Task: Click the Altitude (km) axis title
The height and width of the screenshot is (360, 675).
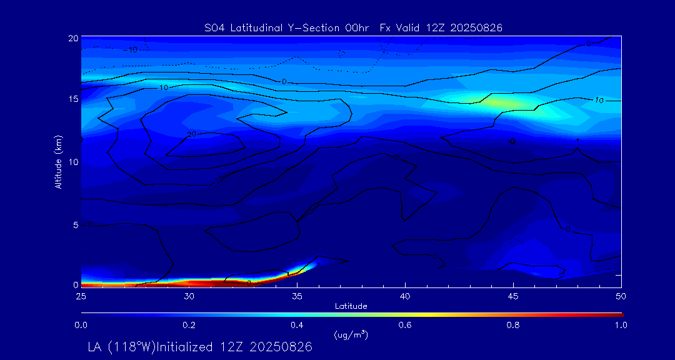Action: [59, 161]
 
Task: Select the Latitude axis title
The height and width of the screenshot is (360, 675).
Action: [351, 306]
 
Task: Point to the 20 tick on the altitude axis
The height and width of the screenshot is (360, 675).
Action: [73, 38]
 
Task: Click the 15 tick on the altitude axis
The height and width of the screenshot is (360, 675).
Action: [73, 99]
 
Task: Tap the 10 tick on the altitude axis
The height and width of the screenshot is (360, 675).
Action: [73, 162]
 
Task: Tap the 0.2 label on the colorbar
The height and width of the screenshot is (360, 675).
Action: [189, 325]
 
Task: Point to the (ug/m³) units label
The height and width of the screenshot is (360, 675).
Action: [351, 334]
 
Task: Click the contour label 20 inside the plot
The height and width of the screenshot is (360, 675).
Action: [192, 134]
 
